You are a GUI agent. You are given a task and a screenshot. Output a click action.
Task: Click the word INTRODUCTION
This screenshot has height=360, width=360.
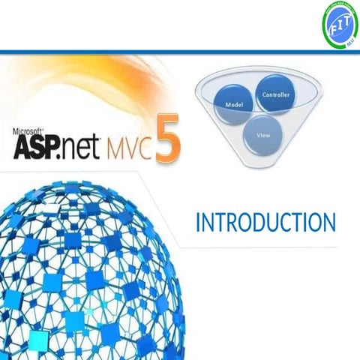(265, 223)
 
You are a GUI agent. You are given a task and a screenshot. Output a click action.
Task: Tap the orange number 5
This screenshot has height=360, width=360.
(169, 136)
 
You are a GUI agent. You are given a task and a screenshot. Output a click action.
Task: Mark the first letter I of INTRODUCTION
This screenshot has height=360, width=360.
(197, 223)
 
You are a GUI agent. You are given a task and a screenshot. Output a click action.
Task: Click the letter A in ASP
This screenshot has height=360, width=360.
(23, 144)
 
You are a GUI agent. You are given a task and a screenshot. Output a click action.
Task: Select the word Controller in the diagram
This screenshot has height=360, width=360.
(274, 94)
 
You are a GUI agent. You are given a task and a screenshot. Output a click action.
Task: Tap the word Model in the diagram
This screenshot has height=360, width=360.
(232, 104)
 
